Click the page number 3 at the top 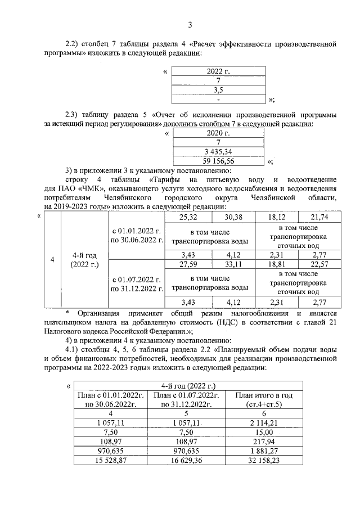click(190, 24)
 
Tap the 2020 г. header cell click(218, 133)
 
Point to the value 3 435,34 click(218, 152)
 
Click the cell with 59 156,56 click(218, 161)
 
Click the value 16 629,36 click(186, 460)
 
